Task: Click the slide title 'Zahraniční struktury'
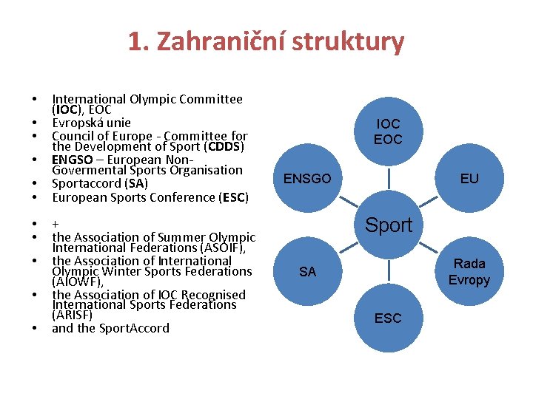point(289,42)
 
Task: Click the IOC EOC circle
point(388,132)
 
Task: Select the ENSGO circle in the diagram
point(307,178)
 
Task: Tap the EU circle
point(469,178)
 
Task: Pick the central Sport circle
point(389,225)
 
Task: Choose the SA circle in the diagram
point(307,272)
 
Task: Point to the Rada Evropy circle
point(469,271)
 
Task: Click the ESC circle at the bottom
point(388,318)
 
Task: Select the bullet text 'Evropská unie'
point(91,123)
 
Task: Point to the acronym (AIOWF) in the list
point(77,282)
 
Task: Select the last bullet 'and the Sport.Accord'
point(110,328)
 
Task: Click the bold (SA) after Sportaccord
point(136,183)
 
